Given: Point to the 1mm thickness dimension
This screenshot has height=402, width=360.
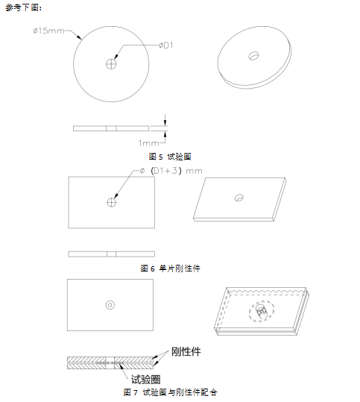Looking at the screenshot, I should coord(151,141).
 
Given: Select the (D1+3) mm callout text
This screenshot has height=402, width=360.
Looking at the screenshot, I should coord(176,171).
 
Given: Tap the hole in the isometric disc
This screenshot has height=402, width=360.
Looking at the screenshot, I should coord(254,56).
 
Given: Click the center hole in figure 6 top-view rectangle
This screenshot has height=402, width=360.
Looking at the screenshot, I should coord(111,201).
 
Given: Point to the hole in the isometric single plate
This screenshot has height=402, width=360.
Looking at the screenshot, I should coord(239,198).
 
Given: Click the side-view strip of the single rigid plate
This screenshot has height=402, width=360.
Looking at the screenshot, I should coord(111,254).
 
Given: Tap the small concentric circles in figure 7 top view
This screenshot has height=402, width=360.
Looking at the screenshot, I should coord(110,304).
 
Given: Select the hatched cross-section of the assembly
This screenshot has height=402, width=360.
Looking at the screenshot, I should coord(111,362).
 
